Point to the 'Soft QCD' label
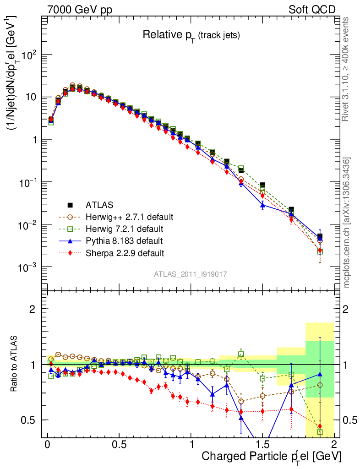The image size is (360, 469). tap(312, 10)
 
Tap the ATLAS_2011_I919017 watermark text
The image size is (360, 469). tap(191, 274)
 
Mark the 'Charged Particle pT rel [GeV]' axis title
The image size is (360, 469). tap(271, 457)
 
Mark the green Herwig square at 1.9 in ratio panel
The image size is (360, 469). tap(320, 432)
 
